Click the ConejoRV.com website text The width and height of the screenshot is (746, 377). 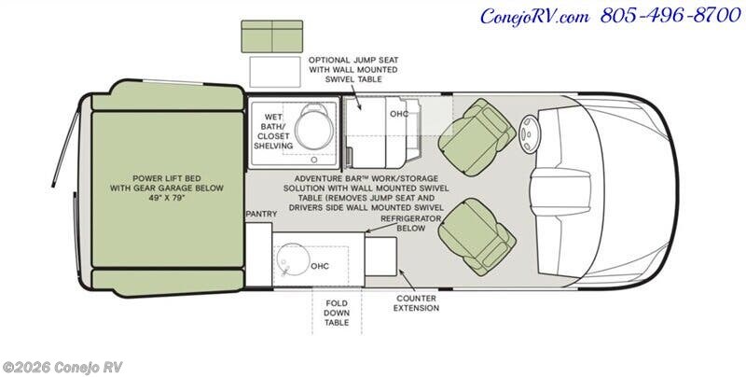[534, 17]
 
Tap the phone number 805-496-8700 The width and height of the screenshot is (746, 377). [670, 16]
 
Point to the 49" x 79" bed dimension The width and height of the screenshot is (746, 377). [167, 198]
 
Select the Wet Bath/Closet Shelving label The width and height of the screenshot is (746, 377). [273, 132]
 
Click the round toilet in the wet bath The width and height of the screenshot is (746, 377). [314, 126]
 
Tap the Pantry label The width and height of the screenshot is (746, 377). [261, 215]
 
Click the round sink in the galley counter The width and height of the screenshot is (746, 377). [293, 259]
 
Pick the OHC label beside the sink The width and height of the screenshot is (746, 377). [320, 266]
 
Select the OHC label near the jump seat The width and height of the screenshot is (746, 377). [399, 114]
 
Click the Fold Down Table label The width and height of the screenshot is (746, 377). [337, 313]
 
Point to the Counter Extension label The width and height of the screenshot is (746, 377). [416, 303]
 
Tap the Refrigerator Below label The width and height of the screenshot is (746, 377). [411, 223]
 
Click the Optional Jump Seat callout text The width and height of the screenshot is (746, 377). [353, 69]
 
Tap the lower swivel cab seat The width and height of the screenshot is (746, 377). [477, 237]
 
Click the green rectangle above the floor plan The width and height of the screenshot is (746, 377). [271, 36]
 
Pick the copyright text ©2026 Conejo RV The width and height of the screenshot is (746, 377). [62, 368]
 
